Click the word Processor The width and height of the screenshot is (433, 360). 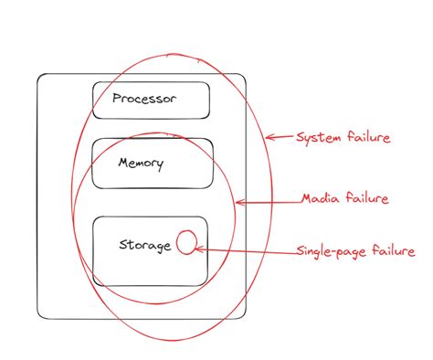tap(144, 98)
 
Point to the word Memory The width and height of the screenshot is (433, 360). tap(141, 164)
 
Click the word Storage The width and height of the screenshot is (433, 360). tap(145, 245)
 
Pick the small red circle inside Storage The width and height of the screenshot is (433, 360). tap(185, 242)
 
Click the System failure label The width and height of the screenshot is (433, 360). tap(343, 138)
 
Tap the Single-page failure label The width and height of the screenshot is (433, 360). tap(355, 250)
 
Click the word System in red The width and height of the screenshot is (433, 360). tap(316, 138)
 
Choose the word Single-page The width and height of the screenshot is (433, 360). tap(327, 251)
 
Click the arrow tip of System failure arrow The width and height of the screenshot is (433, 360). tap(266, 138)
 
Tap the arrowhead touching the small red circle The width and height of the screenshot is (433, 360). tap(199, 248)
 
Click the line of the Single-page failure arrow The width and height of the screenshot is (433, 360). tap(247, 249)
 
